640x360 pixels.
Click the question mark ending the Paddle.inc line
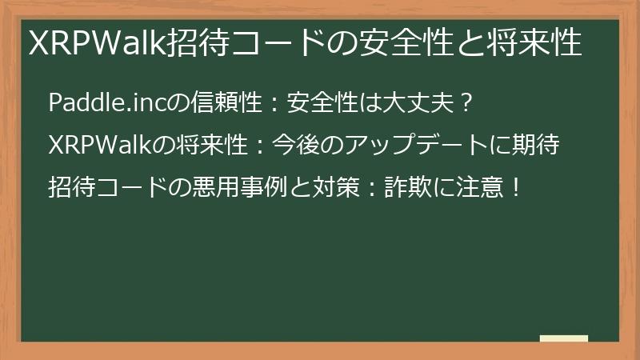(466, 102)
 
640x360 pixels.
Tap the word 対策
(336, 187)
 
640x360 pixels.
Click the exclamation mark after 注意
(516, 187)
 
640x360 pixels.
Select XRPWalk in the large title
(97, 42)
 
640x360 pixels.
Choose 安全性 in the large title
(406, 42)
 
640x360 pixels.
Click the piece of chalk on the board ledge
(564, 338)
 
